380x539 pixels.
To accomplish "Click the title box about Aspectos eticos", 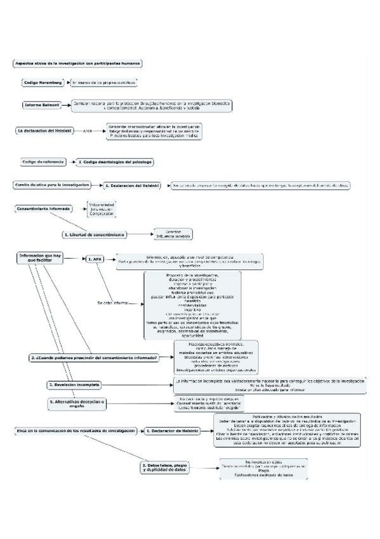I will pyautogui.click(x=77, y=64).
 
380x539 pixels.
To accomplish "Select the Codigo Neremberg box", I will pyautogui.click(x=43, y=83).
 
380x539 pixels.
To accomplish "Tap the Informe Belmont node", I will pyautogui.click(x=43, y=105).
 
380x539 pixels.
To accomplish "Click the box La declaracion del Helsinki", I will pyautogui.click(x=43, y=130).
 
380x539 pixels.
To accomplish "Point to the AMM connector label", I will pyautogui.click(x=88, y=131).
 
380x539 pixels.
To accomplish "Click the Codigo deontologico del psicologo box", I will pyautogui.click(x=115, y=163).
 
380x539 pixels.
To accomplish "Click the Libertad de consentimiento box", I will pyautogui.click(x=94, y=235).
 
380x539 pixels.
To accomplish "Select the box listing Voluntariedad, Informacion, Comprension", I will pyautogui.click(x=102, y=209).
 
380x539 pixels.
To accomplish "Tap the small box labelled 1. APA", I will pyautogui.click(x=95, y=259).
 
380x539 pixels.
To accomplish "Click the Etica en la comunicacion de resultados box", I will pyautogui.click(x=76, y=431).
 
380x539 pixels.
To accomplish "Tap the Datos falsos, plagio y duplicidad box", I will pyautogui.click(x=162, y=467).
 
